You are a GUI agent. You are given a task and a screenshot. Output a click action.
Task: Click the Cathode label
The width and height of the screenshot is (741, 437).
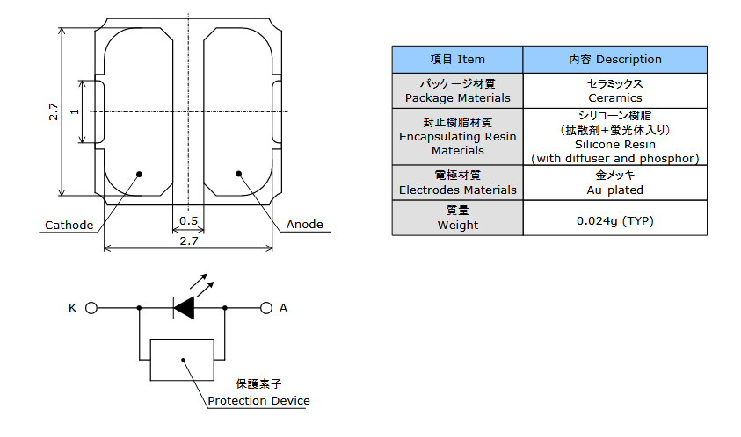click(x=69, y=226)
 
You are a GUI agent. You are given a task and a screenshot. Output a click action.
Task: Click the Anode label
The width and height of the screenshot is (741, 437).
click(x=305, y=224)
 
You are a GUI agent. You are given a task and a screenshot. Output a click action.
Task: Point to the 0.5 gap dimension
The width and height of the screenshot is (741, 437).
click(x=189, y=221)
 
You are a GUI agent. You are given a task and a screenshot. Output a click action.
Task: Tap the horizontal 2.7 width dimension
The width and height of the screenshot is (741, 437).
click(x=189, y=241)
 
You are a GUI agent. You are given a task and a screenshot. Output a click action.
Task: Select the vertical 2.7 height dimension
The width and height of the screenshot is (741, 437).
click(x=54, y=111)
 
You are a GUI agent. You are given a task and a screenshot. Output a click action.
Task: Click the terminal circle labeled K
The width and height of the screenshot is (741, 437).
click(x=91, y=308)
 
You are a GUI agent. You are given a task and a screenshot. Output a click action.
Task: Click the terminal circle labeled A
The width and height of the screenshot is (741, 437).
click(x=266, y=308)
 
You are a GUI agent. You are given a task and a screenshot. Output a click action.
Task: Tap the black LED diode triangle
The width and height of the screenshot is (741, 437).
click(x=184, y=308)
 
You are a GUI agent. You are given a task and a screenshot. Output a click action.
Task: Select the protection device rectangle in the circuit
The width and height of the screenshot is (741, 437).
click(x=182, y=360)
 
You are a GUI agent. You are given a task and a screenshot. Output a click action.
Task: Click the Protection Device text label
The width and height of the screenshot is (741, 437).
click(x=259, y=401)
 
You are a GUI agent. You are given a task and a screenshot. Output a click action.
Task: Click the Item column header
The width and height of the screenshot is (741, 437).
click(x=457, y=60)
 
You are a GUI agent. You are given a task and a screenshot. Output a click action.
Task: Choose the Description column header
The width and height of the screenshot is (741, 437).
click(x=615, y=60)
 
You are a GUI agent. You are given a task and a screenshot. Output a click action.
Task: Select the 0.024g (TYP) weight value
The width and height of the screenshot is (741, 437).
click(x=615, y=221)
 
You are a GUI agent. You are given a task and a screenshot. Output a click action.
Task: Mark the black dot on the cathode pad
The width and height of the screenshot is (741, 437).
click(x=140, y=174)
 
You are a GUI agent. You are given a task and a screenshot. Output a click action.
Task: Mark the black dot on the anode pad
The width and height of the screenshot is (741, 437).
click(x=239, y=174)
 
